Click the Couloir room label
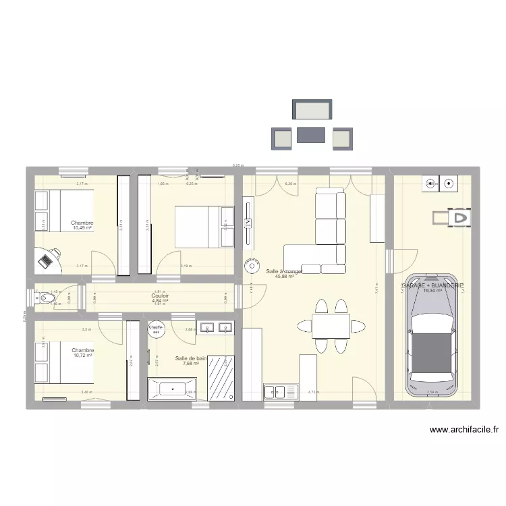[x=160, y=296]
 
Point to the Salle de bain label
[x=190, y=358]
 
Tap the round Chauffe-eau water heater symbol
[x=157, y=330]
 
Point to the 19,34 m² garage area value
[x=432, y=291]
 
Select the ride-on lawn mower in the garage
[x=452, y=218]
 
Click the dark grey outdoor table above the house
[x=311, y=136]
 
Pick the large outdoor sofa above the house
[x=312, y=109]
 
